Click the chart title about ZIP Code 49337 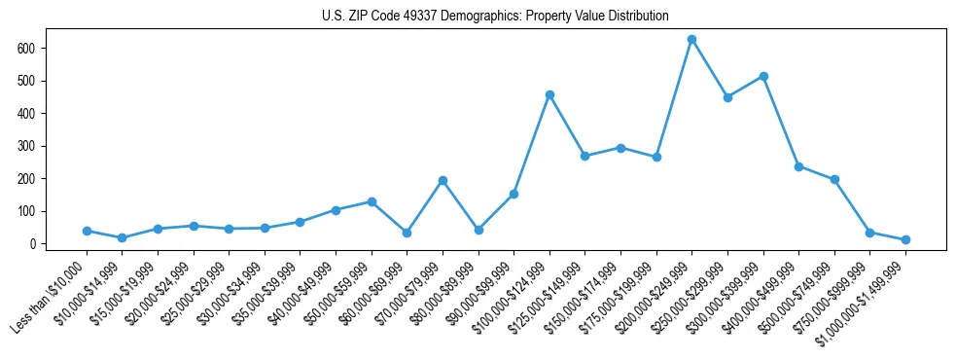[495, 16]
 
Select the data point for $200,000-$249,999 [691, 40]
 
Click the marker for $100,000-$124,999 [549, 94]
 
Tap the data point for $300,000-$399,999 [763, 76]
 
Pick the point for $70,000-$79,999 [443, 180]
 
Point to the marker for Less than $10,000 [87, 231]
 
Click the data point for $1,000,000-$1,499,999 [905, 239]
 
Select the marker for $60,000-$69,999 [407, 233]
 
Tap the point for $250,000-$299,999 [727, 97]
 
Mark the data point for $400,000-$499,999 [798, 166]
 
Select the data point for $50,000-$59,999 [372, 201]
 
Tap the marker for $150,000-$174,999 [620, 148]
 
